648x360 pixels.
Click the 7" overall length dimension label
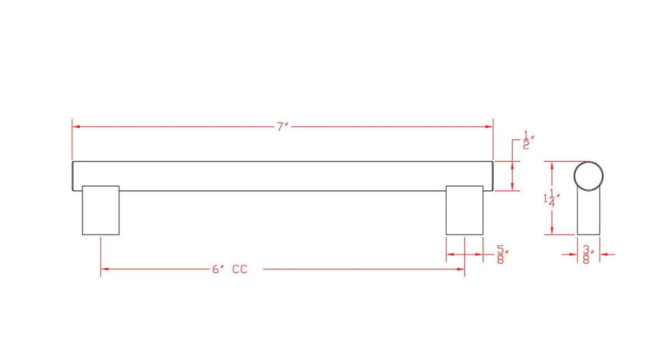pos(282,126)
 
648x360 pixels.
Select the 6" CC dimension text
pos(230,269)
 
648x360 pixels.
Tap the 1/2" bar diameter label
pos(527,140)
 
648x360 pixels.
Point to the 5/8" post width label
pos(502,254)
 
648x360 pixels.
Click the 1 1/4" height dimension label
pos(551,198)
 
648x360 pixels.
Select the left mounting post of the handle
pos(101,211)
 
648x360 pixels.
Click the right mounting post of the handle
pos(465,211)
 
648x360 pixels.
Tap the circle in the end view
pos(589,162)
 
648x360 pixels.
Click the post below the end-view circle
pos(589,213)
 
